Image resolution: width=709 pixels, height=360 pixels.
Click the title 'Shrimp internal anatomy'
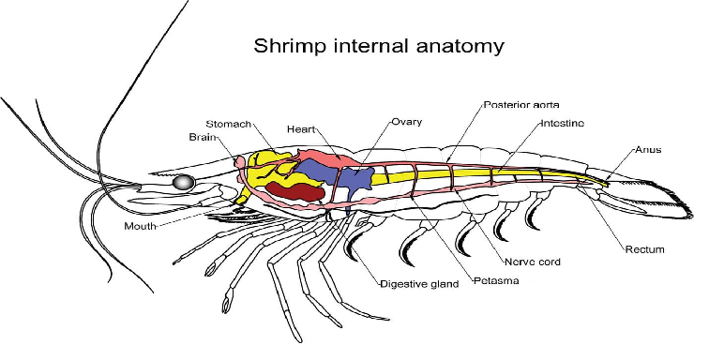point(379,46)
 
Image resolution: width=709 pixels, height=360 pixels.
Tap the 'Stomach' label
point(228,124)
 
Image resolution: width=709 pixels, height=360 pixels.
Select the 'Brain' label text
point(203,137)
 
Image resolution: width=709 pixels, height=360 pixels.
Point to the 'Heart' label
point(301,129)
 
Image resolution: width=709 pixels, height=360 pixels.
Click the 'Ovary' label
point(406,122)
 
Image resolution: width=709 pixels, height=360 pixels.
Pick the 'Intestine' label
point(563,123)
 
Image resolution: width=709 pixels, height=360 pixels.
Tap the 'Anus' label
point(648,150)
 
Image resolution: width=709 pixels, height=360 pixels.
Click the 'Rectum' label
point(645,249)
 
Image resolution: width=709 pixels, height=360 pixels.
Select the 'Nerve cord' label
point(532,262)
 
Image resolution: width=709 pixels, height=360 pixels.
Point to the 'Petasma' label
point(496,281)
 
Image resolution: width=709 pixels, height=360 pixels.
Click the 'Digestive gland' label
point(419,284)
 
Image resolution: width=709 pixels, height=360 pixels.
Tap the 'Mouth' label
point(140,226)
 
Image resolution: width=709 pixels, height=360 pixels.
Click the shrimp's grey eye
point(184,182)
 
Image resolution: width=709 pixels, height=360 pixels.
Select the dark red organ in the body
point(295,191)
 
